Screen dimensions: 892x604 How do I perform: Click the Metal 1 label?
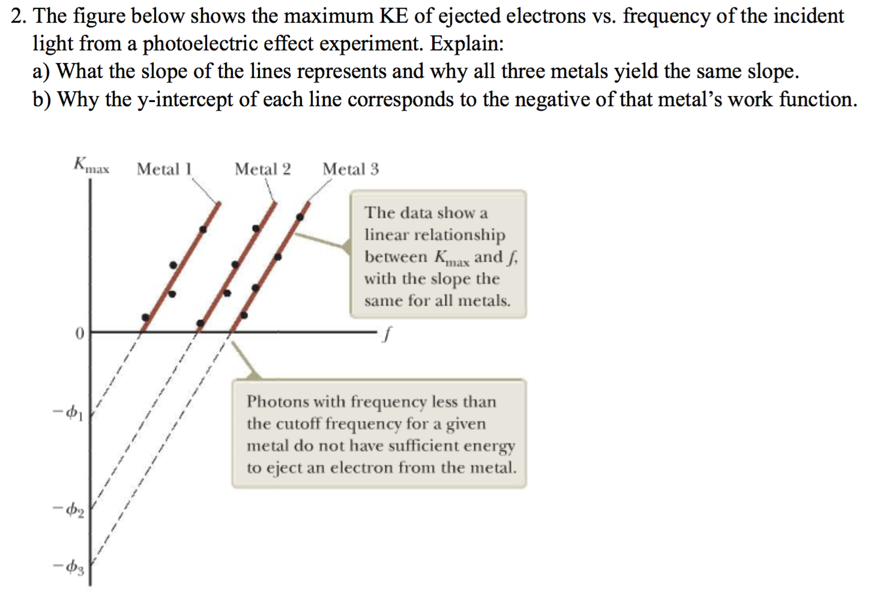pos(164,169)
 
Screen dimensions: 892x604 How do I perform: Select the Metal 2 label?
pos(262,169)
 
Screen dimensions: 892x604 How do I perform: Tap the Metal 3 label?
pos(351,169)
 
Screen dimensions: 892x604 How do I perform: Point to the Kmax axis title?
pos(91,165)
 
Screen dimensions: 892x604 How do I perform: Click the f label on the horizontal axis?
pos(385,334)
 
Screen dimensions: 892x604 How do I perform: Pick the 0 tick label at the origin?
pos(79,334)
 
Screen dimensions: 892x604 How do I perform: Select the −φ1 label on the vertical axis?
pos(68,413)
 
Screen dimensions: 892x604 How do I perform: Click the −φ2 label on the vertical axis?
pos(68,509)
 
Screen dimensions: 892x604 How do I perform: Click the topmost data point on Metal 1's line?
pos(203,229)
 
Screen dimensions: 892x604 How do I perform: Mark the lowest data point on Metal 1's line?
pos(146,317)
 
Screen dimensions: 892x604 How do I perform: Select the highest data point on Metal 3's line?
pos(300,217)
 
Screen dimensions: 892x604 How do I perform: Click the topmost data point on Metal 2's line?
pos(256,228)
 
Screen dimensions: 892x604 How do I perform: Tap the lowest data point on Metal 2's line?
pos(200,323)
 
